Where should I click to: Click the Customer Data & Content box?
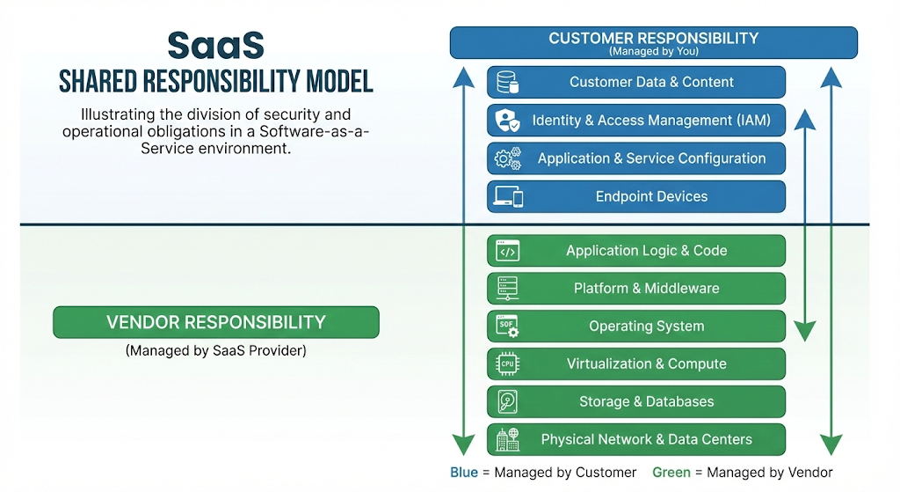coord(636,83)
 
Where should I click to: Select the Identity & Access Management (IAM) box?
coord(636,121)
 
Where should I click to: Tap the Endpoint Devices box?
coord(636,197)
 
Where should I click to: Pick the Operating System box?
coord(636,327)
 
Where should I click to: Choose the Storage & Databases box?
coord(636,402)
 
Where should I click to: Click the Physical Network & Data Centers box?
coord(636,440)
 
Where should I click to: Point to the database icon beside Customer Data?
coord(507,83)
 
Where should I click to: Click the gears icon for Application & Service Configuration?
coord(508,159)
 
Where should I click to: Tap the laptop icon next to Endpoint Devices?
coord(508,197)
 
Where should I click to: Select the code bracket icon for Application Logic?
coord(507,252)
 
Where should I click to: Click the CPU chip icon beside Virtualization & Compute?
coord(507,364)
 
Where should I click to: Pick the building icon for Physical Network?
coord(507,440)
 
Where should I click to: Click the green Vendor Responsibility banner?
coord(215,323)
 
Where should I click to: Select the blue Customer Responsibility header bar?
coord(653,42)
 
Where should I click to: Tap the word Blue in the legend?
coord(464,473)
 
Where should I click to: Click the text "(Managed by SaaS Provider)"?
coord(215,350)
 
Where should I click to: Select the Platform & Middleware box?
coord(636,289)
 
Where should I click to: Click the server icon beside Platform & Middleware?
coord(507,289)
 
